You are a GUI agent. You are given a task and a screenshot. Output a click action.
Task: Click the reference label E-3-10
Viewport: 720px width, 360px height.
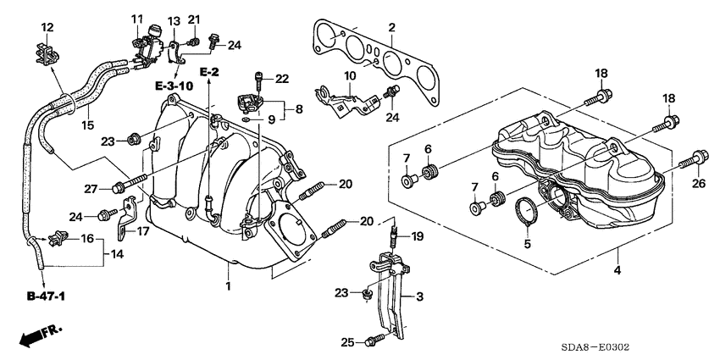tap(174, 86)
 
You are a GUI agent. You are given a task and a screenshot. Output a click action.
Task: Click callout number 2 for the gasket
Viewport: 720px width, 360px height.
tap(391, 29)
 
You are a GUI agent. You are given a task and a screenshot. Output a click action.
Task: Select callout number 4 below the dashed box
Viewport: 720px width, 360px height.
tap(617, 271)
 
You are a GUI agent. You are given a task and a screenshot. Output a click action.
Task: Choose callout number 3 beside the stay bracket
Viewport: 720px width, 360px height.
tap(418, 296)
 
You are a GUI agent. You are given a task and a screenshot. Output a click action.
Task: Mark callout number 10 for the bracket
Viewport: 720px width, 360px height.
tap(350, 77)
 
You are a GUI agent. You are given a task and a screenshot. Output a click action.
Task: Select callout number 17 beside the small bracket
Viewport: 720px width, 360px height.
tap(143, 230)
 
